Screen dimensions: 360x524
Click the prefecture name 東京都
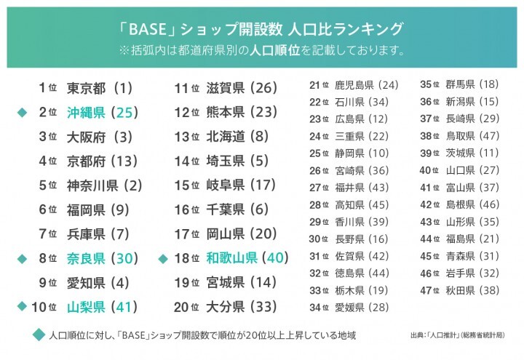87,88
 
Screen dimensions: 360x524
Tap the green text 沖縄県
87,112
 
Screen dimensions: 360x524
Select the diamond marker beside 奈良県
22,258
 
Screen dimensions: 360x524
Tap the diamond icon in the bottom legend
39,335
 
